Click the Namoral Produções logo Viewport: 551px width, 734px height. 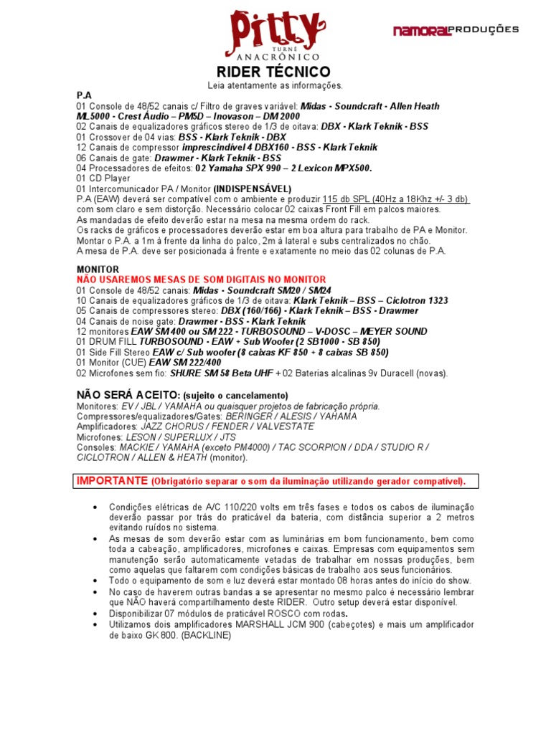coord(456,30)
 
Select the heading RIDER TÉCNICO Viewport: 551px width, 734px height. coord(274,72)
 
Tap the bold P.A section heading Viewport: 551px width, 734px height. coord(85,95)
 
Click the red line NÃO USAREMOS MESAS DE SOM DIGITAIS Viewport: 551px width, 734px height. coord(201,280)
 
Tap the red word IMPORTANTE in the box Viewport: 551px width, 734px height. coord(112,480)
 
